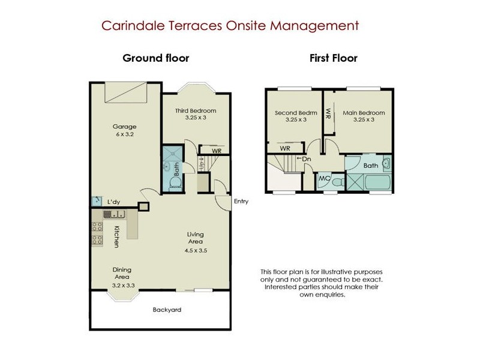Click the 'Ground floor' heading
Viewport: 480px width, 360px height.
pyautogui.click(x=156, y=58)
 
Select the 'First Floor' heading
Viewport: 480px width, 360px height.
pyautogui.click(x=334, y=58)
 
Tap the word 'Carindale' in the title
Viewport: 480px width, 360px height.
pyautogui.click(x=128, y=26)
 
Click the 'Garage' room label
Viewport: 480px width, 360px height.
pyautogui.click(x=125, y=127)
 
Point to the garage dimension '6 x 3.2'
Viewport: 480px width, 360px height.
pyautogui.click(x=125, y=135)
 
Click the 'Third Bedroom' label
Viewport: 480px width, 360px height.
pyautogui.click(x=196, y=111)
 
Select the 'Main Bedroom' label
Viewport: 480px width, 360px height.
pyautogui.click(x=364, y=112)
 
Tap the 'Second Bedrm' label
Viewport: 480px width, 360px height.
pyautogui.click(x=296, y=112)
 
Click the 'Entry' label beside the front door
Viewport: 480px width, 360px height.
pyautogui.click(x=241, y=202)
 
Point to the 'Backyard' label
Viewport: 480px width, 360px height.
pyautogui.click(x=167, y=310)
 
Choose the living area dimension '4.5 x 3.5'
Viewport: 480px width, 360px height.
pyautogui.click(x=196, y=250)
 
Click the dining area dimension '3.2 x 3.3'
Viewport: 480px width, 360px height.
pyautogui.click(x=122, y=285)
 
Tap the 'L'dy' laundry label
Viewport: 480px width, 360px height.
pyautogui.click(x=113, y=202)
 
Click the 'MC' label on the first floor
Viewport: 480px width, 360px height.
pyautogui.click(x=324, y=178)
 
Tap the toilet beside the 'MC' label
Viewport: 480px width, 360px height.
pyautogui.click(x=338, y=181)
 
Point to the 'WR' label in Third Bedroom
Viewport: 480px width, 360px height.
pyautogui.click(x=217, y=151)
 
